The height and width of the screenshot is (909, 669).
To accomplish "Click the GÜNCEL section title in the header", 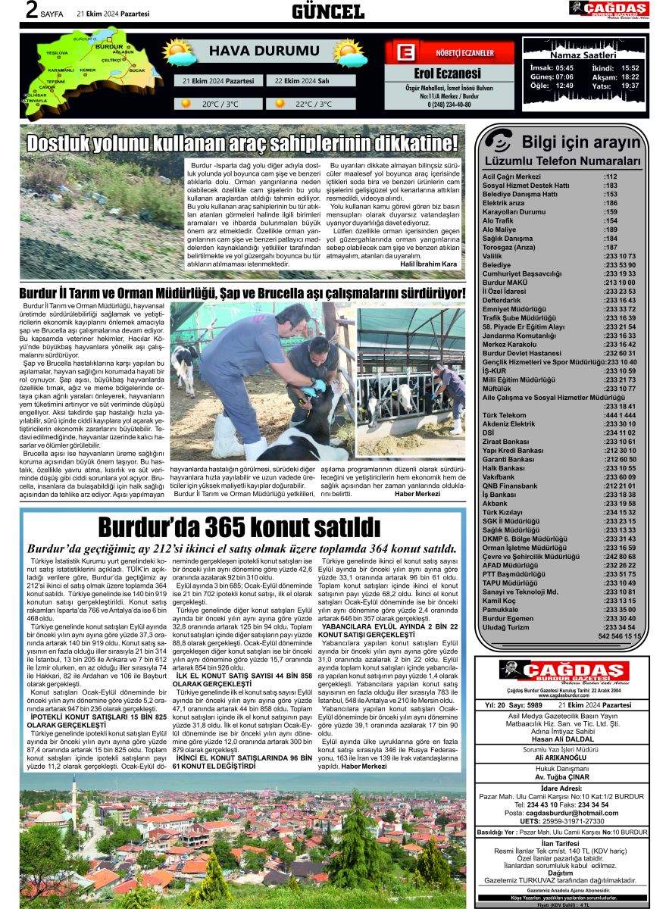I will point(328,11).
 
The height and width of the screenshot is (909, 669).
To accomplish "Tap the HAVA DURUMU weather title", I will point(254,52).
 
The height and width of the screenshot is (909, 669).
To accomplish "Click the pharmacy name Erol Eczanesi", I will point(447,73).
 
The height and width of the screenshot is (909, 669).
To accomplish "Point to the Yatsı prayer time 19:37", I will point(630,86).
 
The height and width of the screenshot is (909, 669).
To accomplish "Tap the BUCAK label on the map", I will point(136,70).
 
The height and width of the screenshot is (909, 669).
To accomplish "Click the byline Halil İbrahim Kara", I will point(429,264).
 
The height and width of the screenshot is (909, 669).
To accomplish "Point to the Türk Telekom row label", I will point(505,415).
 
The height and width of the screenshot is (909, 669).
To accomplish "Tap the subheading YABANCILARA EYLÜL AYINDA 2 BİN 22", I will point(389,626).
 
